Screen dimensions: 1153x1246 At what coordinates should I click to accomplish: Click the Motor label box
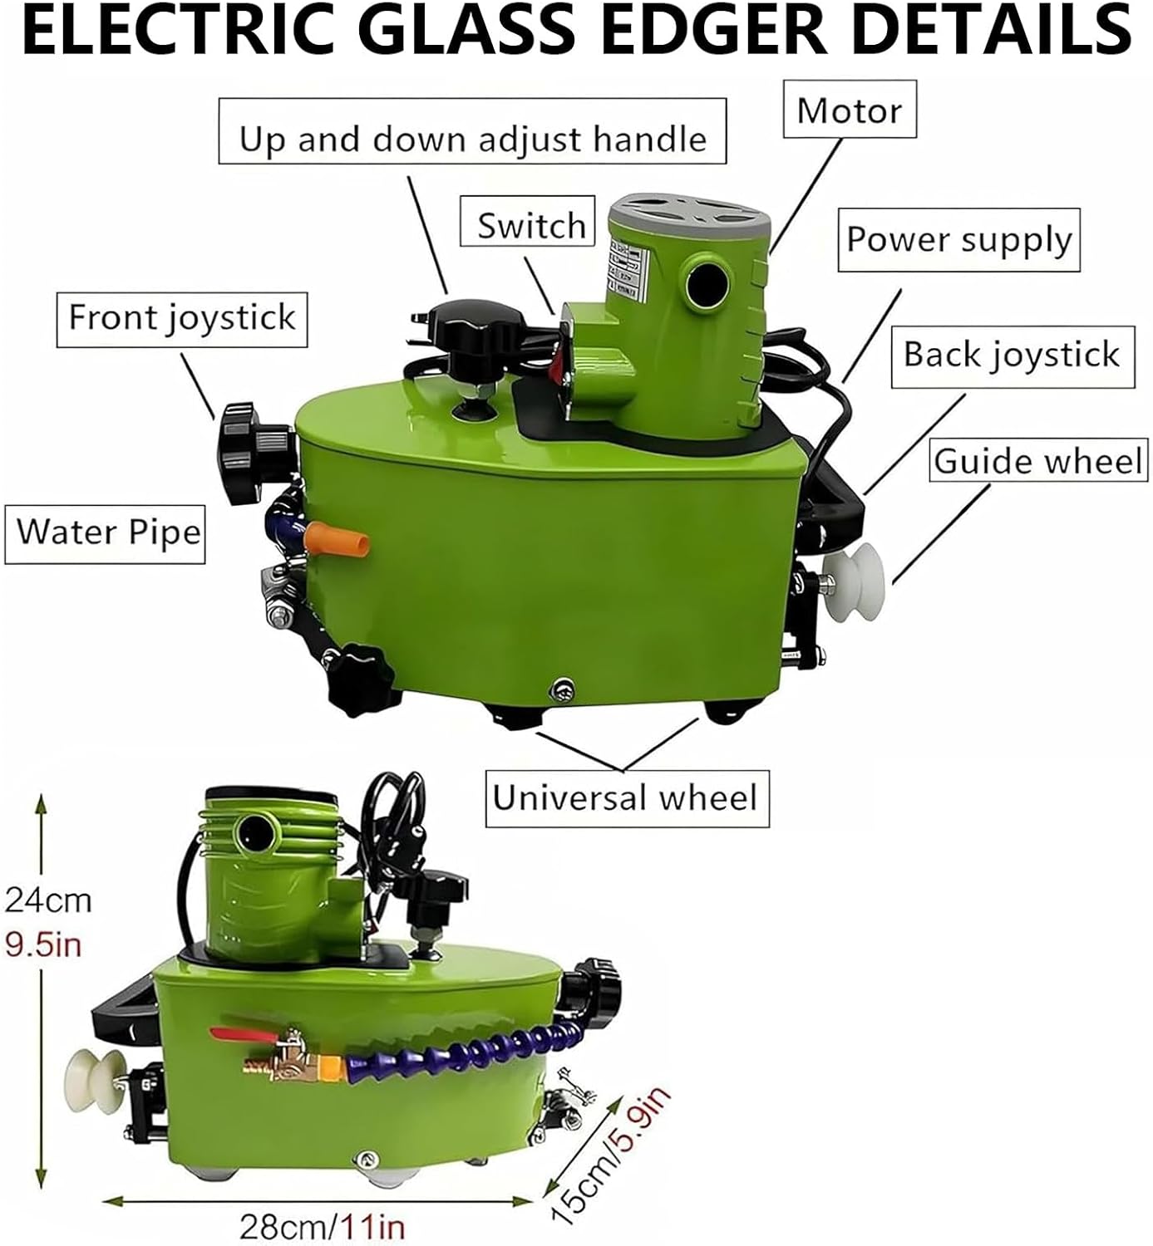click(x=849, y=109)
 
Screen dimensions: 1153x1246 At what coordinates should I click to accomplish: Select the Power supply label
click(x=959, y=240)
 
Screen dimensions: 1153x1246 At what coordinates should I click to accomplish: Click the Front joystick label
click(x=182, y=319)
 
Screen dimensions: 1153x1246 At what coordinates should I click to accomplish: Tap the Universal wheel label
click(x=627, y=798)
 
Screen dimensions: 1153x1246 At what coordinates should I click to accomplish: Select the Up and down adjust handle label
click(x=472, y=130)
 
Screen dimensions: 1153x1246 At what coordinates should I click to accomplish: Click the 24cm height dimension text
click(x=48, y=900)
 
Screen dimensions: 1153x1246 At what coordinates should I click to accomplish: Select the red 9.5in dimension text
click(x=43, y=944)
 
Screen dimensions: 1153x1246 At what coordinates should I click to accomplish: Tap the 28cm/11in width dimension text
click(x=323, y=1227)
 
